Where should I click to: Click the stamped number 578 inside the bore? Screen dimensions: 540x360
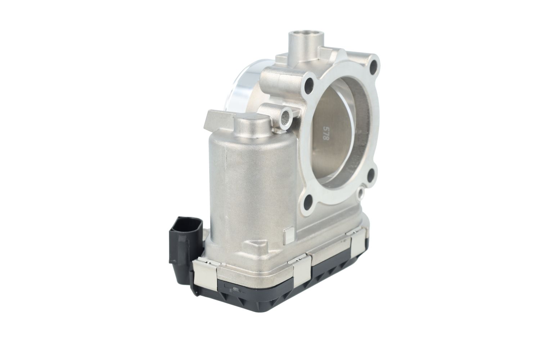324,134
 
